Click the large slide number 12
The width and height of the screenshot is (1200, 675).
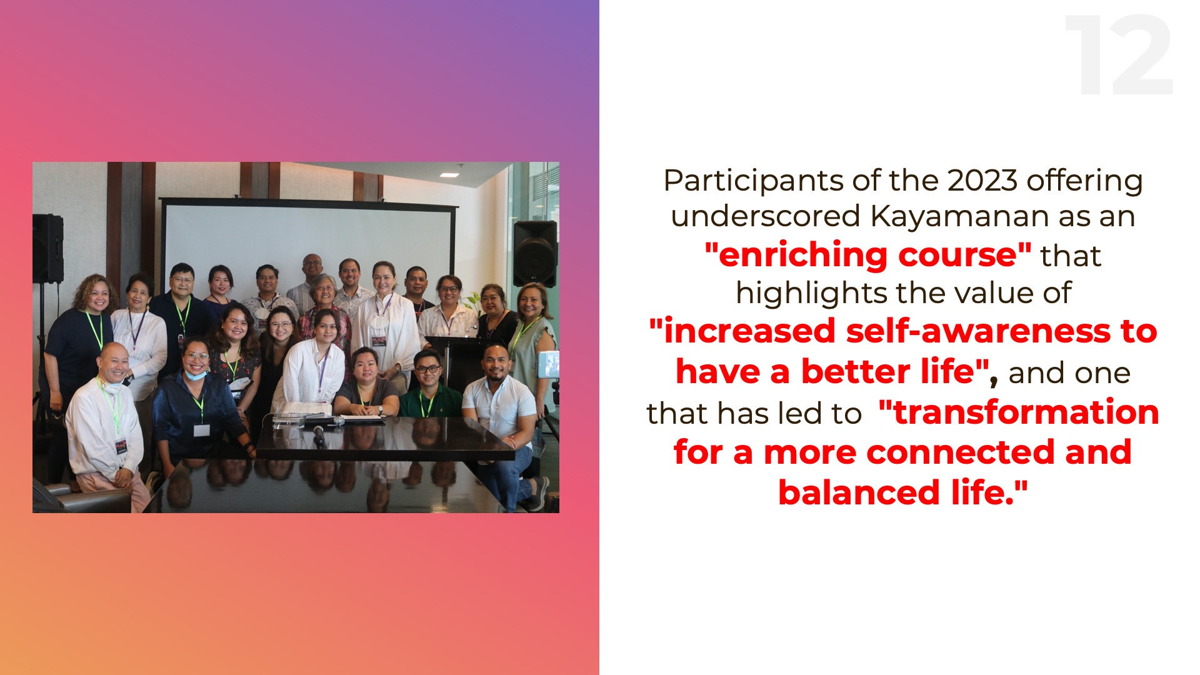coord(1119,55)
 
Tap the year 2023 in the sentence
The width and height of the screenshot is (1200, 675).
coord(982,181)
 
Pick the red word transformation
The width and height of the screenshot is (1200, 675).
coord(1026,412)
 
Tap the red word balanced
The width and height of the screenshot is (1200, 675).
coord(859,492)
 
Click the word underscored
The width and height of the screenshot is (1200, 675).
coord(766,216)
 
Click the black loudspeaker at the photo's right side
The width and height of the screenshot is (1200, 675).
coord(535,253)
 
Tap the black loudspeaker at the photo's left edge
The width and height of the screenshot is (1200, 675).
coord(48,248)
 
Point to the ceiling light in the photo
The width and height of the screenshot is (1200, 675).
coord(449,174)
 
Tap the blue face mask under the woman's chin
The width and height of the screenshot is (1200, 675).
coord(196,375)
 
